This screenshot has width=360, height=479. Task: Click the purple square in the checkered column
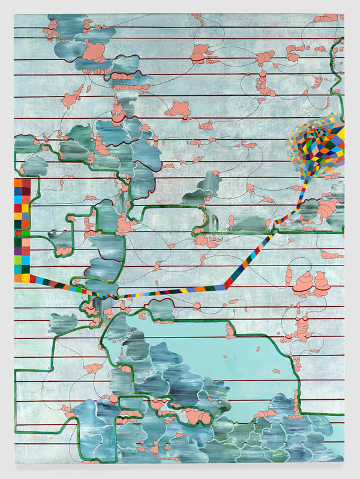(18, 251)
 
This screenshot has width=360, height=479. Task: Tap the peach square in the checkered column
(26, 242)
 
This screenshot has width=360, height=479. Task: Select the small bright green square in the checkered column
(26, 233)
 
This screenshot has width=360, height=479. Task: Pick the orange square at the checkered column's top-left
(18, 183)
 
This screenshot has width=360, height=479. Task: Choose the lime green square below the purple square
(18, 260)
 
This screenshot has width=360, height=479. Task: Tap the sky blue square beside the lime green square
(26, 260)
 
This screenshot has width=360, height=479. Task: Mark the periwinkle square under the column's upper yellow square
(26, 216)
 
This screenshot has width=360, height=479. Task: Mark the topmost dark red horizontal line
(180, 27)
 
